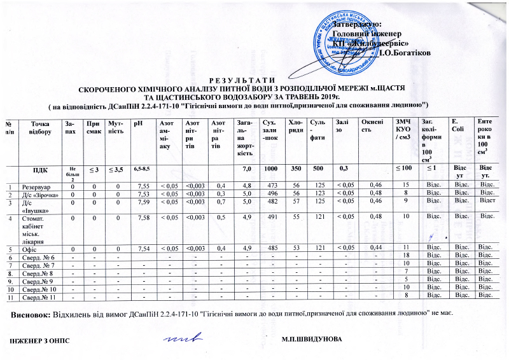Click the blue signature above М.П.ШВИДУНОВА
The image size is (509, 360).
pyautogui.click(x=180, y=338)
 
